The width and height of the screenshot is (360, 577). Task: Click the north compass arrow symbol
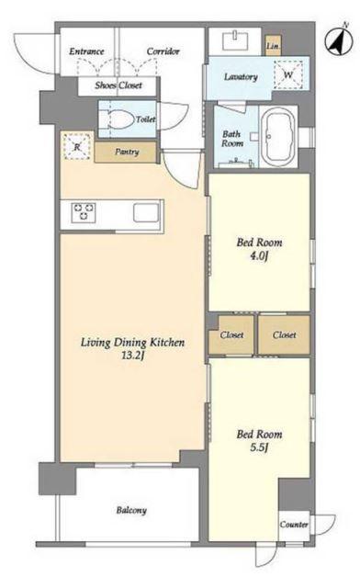(338, 40)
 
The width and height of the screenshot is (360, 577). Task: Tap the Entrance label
(86, 51)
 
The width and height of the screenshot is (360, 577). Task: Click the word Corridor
(163, 51)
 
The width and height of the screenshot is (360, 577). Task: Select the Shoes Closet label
(118, 85)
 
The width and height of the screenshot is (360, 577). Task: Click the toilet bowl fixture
(122, 120)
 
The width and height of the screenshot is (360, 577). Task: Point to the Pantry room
(126, 152)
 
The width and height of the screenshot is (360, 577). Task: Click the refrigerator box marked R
(77, 146)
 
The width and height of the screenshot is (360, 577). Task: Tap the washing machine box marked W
(288, 75)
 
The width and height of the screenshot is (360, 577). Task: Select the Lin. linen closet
(274, 46)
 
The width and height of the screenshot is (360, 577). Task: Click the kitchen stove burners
(84, 212)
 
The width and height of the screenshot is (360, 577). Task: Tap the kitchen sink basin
(146, 213)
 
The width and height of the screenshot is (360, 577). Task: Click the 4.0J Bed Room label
(259, 249)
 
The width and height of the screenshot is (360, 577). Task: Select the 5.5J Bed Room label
(259, 440)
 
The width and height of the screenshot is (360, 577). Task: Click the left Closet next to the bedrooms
(231, 334)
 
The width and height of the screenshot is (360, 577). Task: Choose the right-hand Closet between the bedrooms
(285, 334)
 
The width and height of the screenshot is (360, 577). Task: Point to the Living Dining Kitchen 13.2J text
(132, 348)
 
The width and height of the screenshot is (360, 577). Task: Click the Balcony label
(131, 511)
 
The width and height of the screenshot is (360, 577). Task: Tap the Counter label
(294, 525)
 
